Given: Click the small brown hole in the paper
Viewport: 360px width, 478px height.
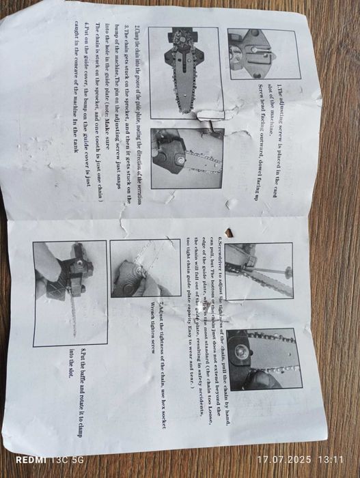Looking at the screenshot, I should click(x=230, y=234).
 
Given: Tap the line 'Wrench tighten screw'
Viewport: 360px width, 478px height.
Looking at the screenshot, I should click(x=152, y=327).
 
